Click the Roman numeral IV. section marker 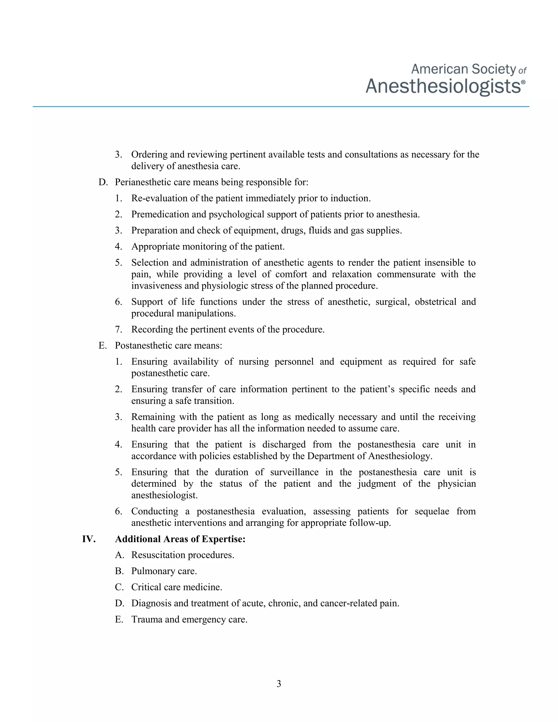coord(89,539)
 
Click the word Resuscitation coord(160,555)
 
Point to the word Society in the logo coord(493,69)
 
